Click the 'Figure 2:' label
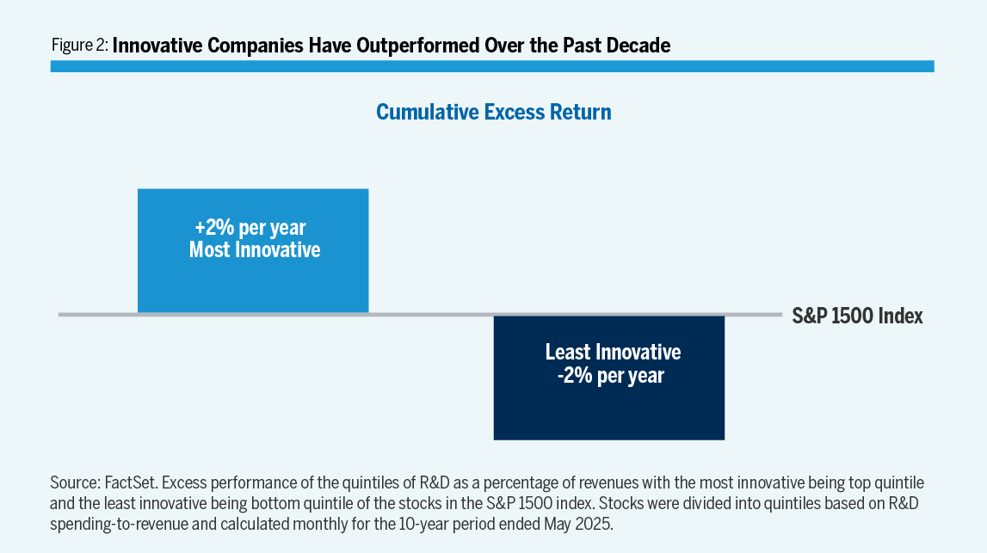pyautogui.click(x=79, y=46)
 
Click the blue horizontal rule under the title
pyautogui.click(x=491, y=66)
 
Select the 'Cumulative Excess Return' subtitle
pyautogui.click(x=493, y=112)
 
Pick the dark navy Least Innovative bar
pyautogui.click(x=608, y=413)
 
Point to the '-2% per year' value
pyautogui.click(x=612, y=376)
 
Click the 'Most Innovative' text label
pyautogui.click(x=254, y=250)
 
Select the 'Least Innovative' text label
pyautogui.click(x=613, y=353)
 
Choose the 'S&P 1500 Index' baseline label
pyautogui.click(x=857, y=316)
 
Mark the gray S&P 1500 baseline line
pyautogui.click(x=430, y=315)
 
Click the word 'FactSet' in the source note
pyautogui.click(x=127, y=482)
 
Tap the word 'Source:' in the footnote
pyautogui.click(x=75, y=482)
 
